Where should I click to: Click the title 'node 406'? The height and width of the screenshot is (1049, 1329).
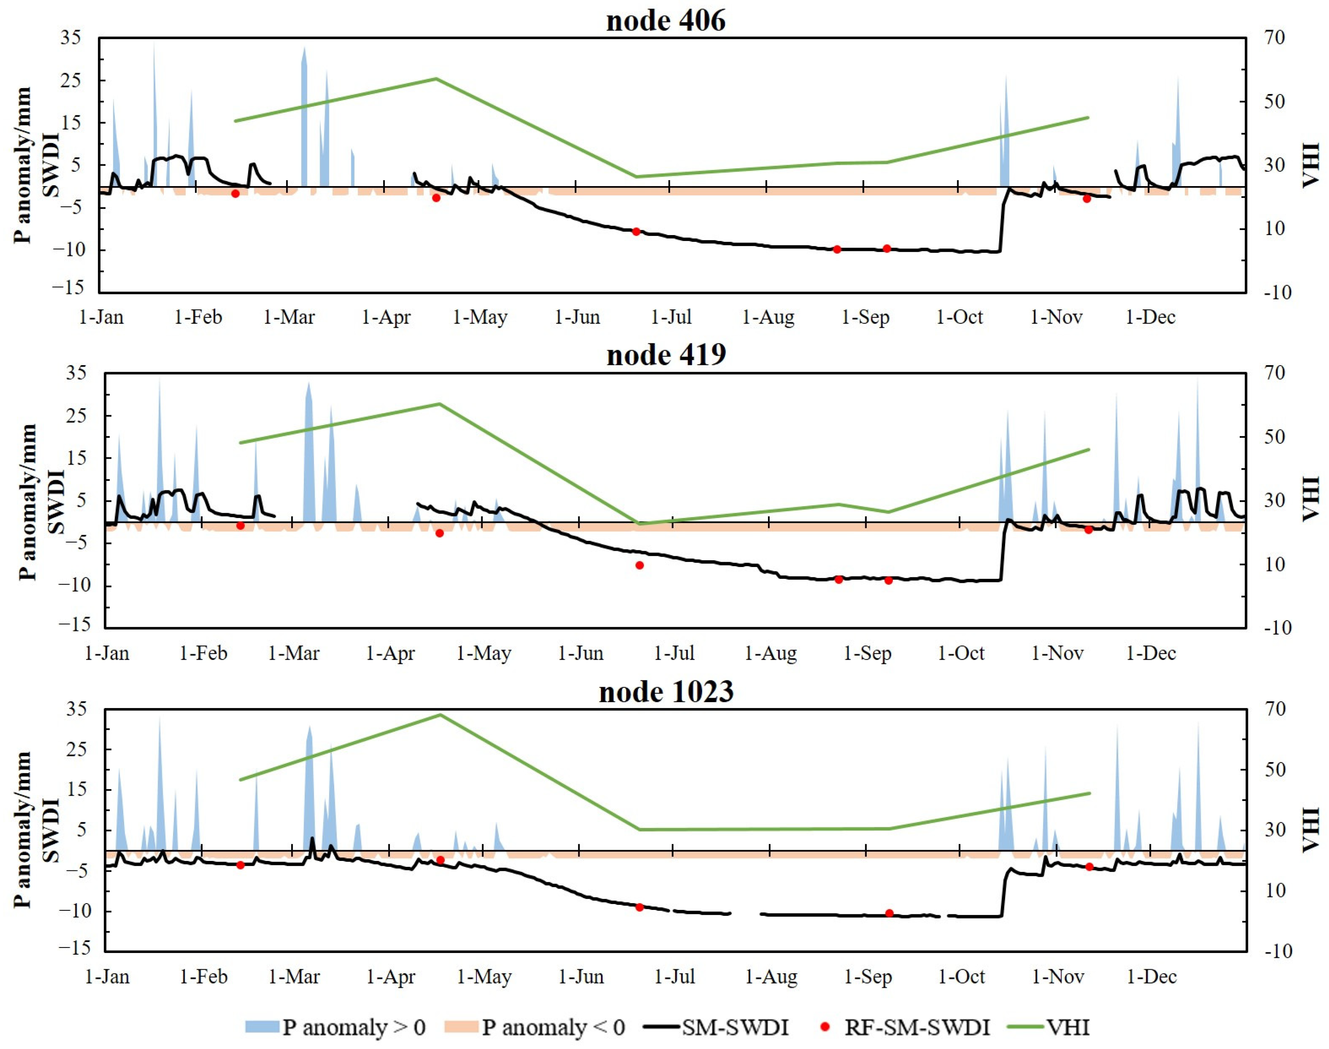666,21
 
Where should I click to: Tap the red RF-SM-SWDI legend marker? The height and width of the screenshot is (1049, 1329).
825,1027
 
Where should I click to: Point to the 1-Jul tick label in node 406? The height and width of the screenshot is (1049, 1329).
671,318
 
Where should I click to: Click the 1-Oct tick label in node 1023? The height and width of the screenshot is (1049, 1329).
961,977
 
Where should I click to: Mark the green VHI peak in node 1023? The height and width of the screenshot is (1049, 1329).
440,715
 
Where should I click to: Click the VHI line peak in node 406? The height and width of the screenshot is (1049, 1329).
435,79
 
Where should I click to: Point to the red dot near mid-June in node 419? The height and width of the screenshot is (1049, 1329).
639,565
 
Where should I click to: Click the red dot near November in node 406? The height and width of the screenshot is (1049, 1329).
1086,198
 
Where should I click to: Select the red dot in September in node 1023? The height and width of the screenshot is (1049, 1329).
889,913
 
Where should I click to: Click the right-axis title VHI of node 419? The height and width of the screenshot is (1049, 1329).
1310,499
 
